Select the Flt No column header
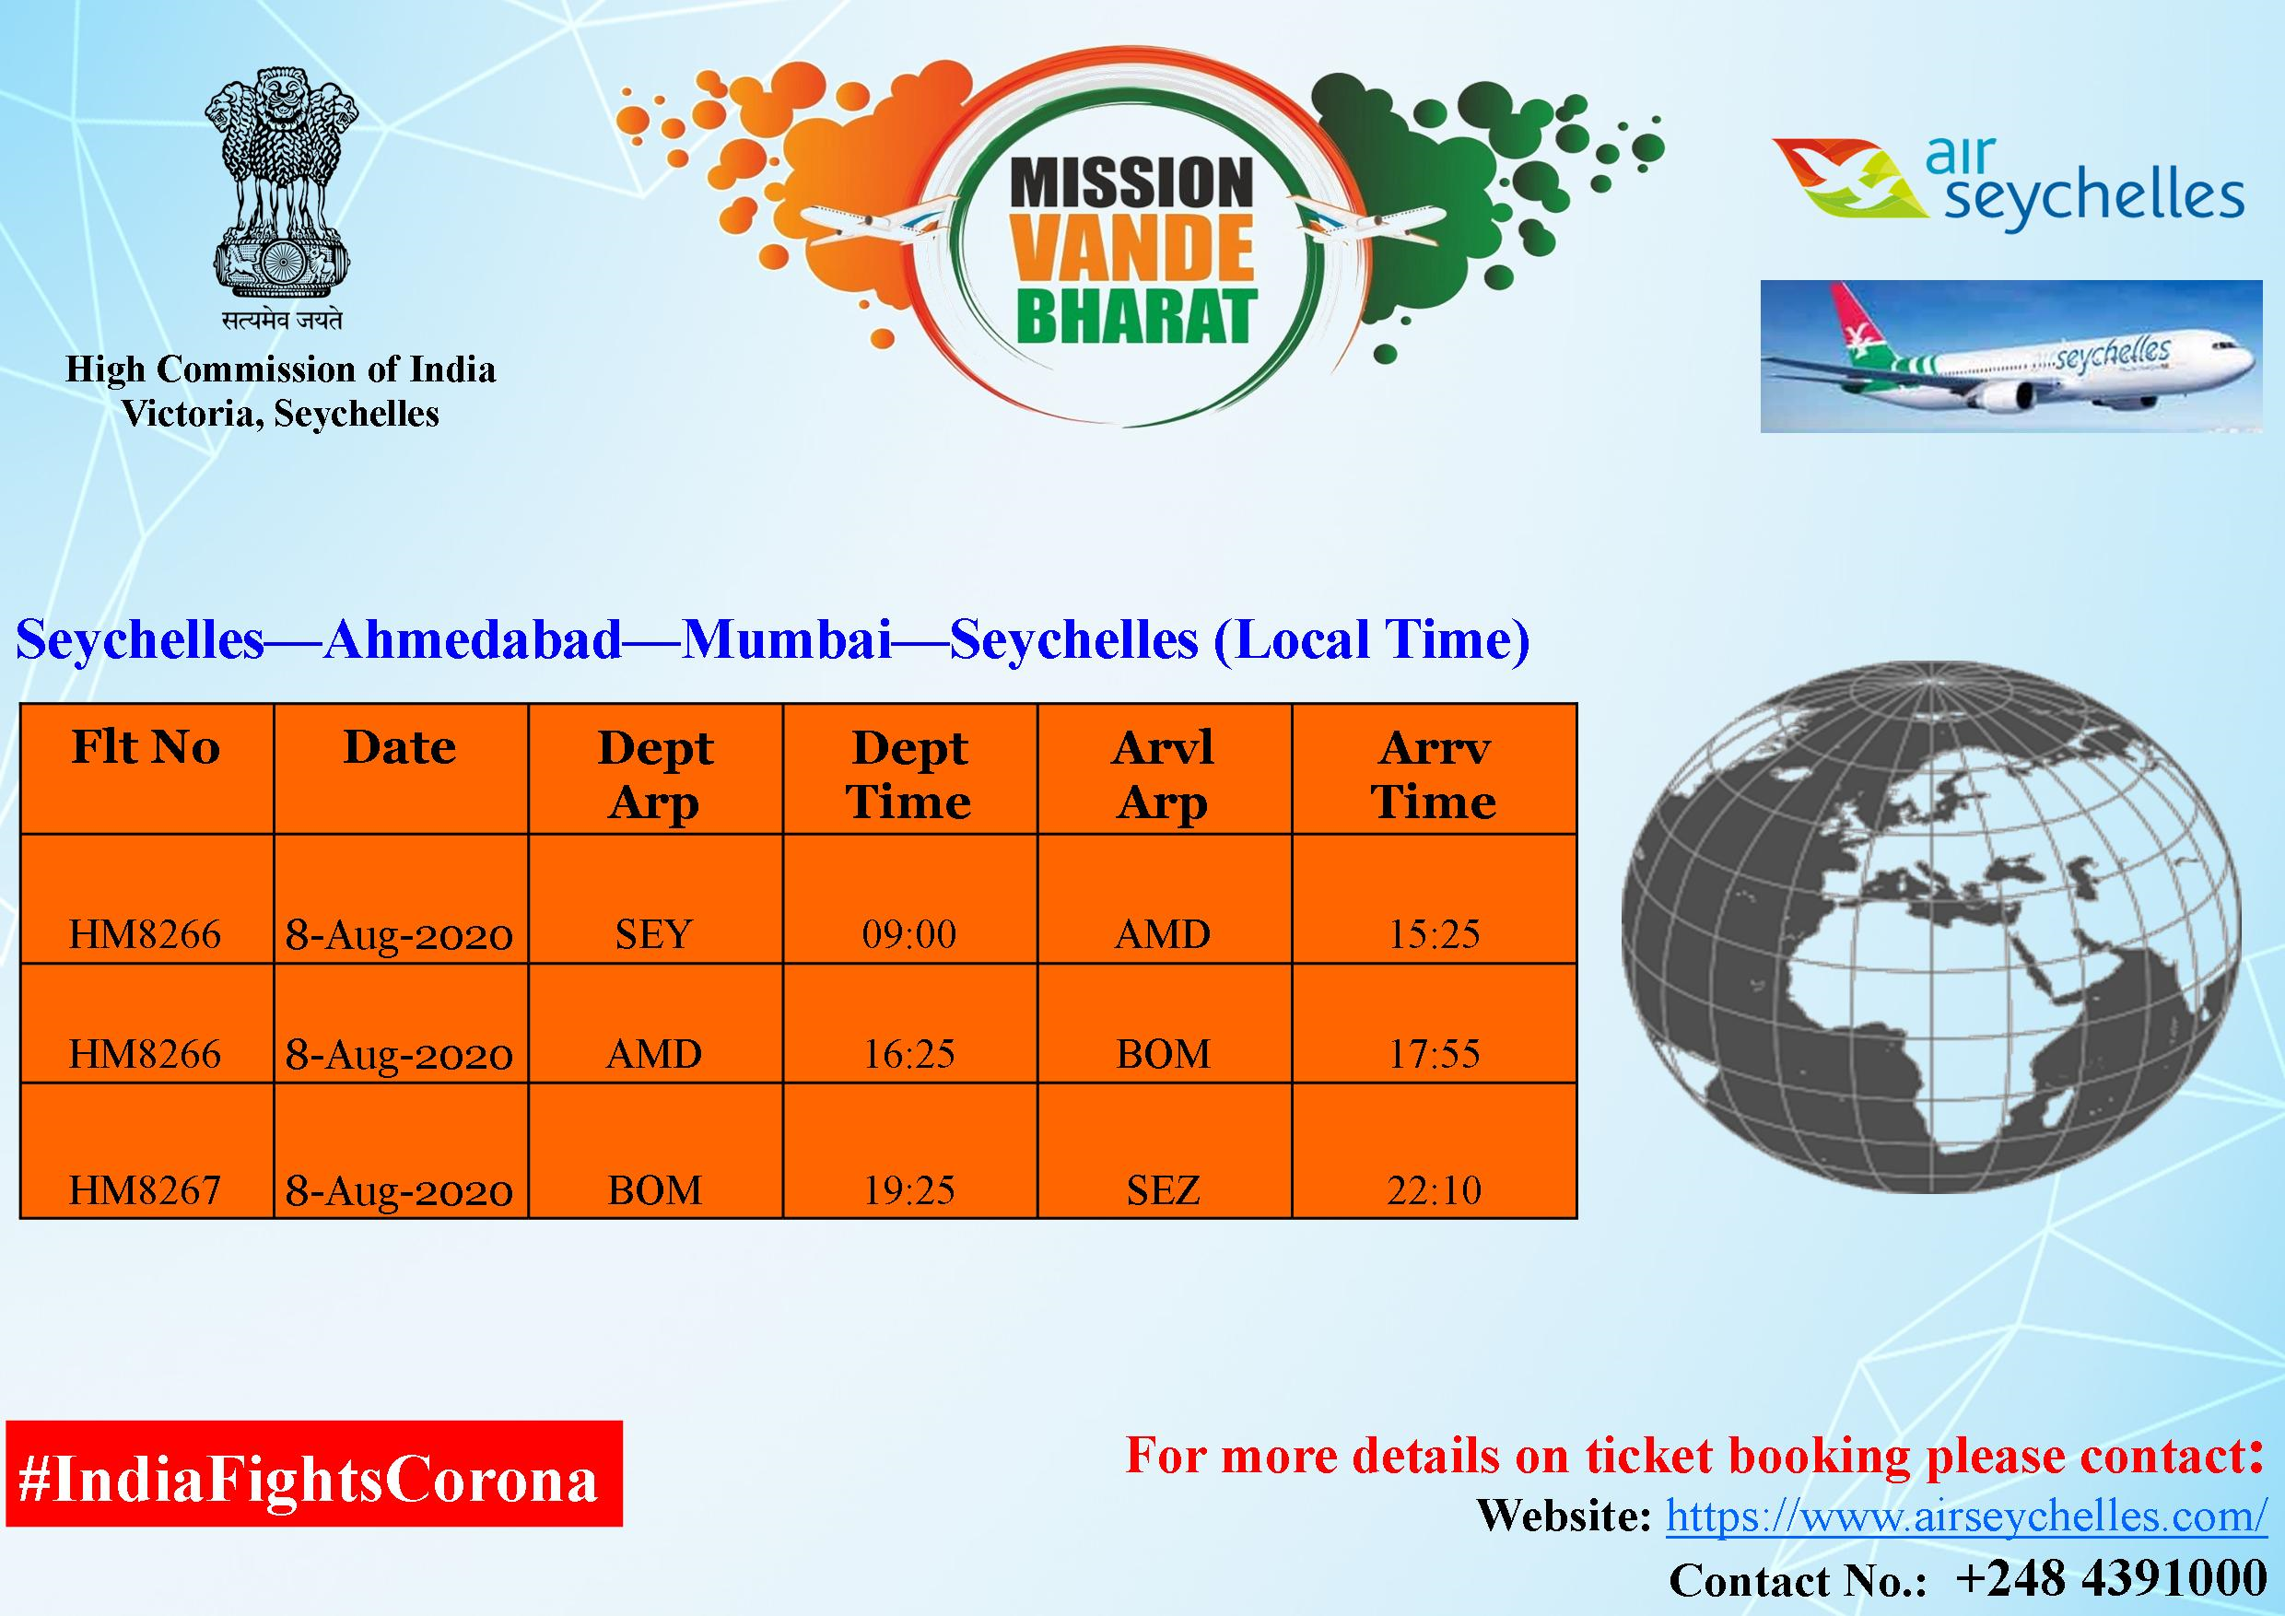coord(146,746)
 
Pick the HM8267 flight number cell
coord(146,1190)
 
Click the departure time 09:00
coord(909,933)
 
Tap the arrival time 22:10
coord(1434,1190)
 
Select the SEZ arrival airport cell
coord(1164,1190)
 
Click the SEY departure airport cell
coord(654,933)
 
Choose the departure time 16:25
coord(909,1054)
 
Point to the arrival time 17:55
coord(1434,1054)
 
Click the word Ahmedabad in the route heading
coord(473,638)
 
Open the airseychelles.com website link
coord(1966,1516)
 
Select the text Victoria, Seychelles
coord(281,414)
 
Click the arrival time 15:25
coord(1434,933)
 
